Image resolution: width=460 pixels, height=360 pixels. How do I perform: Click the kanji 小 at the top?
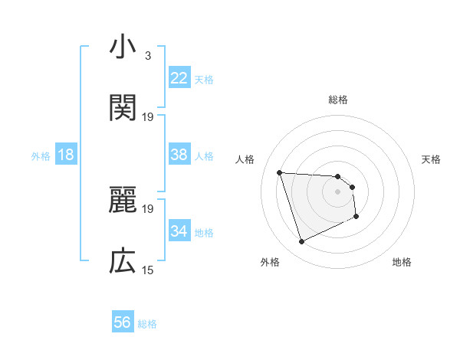123,47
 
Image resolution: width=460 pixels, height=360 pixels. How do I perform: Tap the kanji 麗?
123,201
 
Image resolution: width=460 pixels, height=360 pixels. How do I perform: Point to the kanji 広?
123,262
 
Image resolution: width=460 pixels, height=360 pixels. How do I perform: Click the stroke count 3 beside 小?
147,56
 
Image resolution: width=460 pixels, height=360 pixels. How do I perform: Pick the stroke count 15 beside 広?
148,270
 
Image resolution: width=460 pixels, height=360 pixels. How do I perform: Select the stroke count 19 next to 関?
148,116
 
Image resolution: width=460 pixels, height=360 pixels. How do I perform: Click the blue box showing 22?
179,78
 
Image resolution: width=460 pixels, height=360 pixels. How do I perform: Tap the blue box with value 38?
179,155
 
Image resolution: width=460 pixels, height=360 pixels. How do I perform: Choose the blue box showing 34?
179,231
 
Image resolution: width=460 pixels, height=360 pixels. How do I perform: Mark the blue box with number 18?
66,155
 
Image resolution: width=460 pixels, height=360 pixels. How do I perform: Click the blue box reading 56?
122,323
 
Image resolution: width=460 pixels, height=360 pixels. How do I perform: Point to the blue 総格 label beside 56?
147,324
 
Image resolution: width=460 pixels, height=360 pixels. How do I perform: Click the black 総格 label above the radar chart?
338,100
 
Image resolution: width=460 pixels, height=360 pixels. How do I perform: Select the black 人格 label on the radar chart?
245,159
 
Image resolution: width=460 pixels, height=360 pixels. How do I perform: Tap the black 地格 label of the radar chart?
402,263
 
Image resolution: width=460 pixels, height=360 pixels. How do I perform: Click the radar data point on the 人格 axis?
280,172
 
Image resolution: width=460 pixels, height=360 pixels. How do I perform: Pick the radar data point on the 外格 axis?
301,242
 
